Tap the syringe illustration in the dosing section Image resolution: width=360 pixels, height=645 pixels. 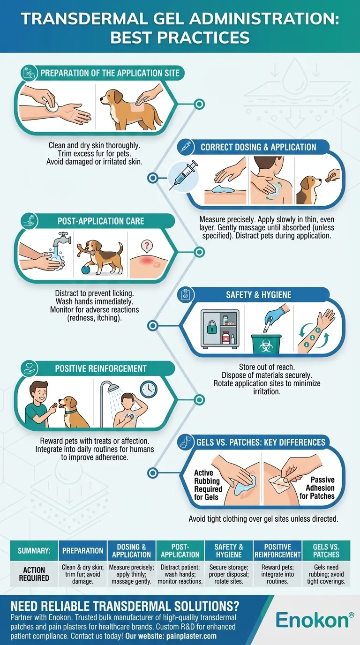[x=184, y=175]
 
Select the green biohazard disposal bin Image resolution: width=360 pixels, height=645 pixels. [x=266, y=344]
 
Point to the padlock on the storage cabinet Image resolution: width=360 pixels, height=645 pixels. [x=212, y=327]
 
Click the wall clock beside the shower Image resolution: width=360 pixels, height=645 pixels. [x=149, y=389]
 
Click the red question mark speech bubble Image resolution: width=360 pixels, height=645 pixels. [x=147, y=246]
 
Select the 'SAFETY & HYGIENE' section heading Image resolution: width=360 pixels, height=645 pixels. [x=258, y=295]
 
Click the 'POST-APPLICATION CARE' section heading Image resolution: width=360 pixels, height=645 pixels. [x=101, y=221]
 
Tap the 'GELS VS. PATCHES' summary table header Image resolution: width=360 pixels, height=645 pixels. [x=326, y=551]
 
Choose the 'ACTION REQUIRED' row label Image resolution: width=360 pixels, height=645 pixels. [x=34, y=574]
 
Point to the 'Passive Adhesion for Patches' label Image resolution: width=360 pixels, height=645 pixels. [x=317, y=488]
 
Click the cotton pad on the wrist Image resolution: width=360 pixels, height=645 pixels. [x=52, y=105]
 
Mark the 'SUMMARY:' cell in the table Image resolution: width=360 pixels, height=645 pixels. [x=34, y=551]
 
